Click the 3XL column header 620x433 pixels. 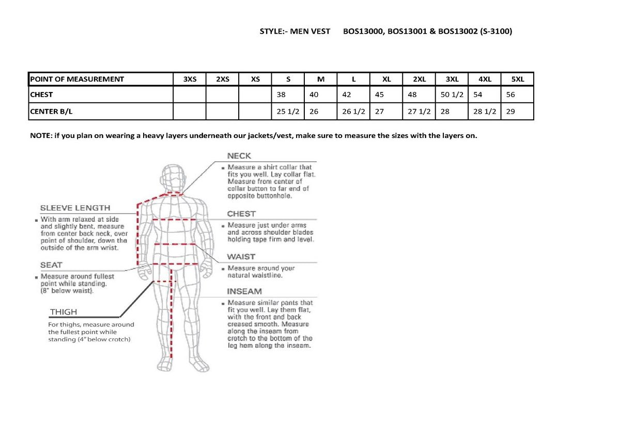452,79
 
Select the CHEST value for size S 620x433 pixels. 282,95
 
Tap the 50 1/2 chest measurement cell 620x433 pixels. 452,95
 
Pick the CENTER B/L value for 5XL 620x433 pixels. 510,111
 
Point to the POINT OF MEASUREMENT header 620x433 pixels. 77,79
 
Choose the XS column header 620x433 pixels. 255,79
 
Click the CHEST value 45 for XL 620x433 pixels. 379,95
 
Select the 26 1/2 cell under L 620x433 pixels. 353,111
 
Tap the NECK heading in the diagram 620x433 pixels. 239,156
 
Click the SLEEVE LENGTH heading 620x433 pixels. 75,208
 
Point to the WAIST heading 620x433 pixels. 241,257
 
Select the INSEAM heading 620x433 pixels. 244,291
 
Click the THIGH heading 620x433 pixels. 63,312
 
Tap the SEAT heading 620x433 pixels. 51,265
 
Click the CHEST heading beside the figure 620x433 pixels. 241,214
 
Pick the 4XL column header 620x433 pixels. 485,79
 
